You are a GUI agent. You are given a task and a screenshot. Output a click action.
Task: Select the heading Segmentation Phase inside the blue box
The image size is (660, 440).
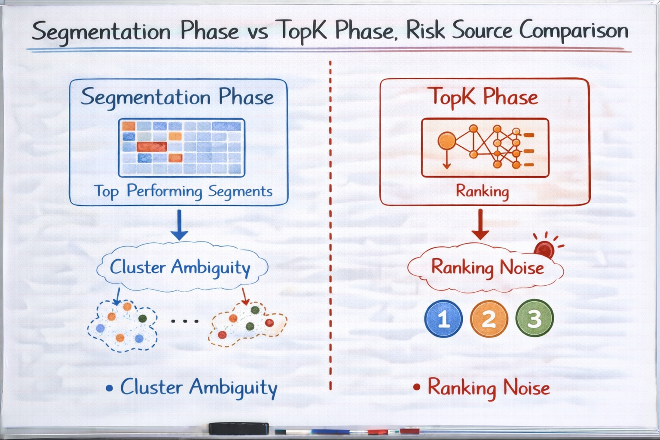click(177, 97)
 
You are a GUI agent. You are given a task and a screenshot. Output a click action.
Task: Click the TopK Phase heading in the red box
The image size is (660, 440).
click(484, 97)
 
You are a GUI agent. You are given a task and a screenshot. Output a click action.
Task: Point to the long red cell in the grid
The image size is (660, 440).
click(152, 147)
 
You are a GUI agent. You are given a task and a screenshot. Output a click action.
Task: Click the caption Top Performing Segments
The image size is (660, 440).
click(183, 191)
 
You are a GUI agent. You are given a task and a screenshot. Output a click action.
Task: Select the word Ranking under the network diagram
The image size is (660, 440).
click(483, 192)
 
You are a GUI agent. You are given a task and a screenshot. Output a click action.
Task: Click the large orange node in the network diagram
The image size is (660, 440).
click(447, 141)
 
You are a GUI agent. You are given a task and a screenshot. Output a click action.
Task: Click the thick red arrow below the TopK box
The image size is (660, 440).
click(480, 224)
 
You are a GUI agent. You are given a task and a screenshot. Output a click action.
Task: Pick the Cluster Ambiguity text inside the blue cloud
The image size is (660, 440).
click(180, 268)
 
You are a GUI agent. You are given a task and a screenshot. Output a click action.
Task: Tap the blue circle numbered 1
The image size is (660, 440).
click(443, 318)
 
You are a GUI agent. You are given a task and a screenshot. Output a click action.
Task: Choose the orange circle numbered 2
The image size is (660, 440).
click(489, 318)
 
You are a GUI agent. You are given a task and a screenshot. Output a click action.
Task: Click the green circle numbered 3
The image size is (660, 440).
click(535, 318)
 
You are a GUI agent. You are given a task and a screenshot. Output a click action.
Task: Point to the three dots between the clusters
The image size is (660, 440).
click(185, 321)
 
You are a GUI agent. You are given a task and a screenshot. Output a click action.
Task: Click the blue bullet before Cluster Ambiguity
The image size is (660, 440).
click(109, 388)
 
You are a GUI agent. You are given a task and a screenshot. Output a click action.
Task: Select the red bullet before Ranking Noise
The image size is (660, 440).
click(417, 387)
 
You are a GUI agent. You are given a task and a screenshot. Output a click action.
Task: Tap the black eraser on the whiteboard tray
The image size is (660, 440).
click(238, 428)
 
